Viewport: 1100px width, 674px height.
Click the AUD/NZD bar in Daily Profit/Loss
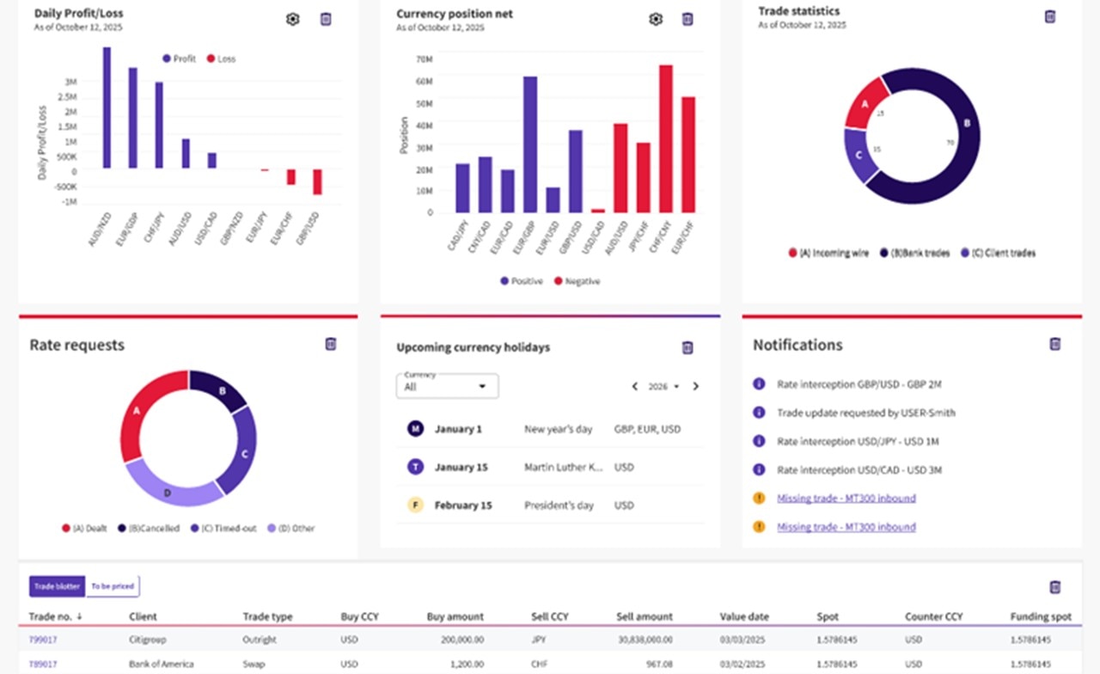[x=107, y=107]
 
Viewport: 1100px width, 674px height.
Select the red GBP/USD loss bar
[x=317, y=181]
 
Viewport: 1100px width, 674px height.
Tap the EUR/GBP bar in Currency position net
[x=530, y=144]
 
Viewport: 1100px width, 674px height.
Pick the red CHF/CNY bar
[x=665, y=138]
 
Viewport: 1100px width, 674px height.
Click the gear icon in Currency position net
[x=656, y=19]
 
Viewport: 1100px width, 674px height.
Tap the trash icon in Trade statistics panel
[x=1049, y=16]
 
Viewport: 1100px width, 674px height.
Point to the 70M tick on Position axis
[x=424, y=59]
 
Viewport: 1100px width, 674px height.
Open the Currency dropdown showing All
[x=447, y=387]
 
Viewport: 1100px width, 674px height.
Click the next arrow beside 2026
[x=695, y=387]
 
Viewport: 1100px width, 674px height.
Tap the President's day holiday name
[x=559, y=505]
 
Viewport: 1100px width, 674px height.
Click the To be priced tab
[x=113, y=586]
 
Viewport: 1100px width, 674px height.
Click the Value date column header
[x=744, y=616]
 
